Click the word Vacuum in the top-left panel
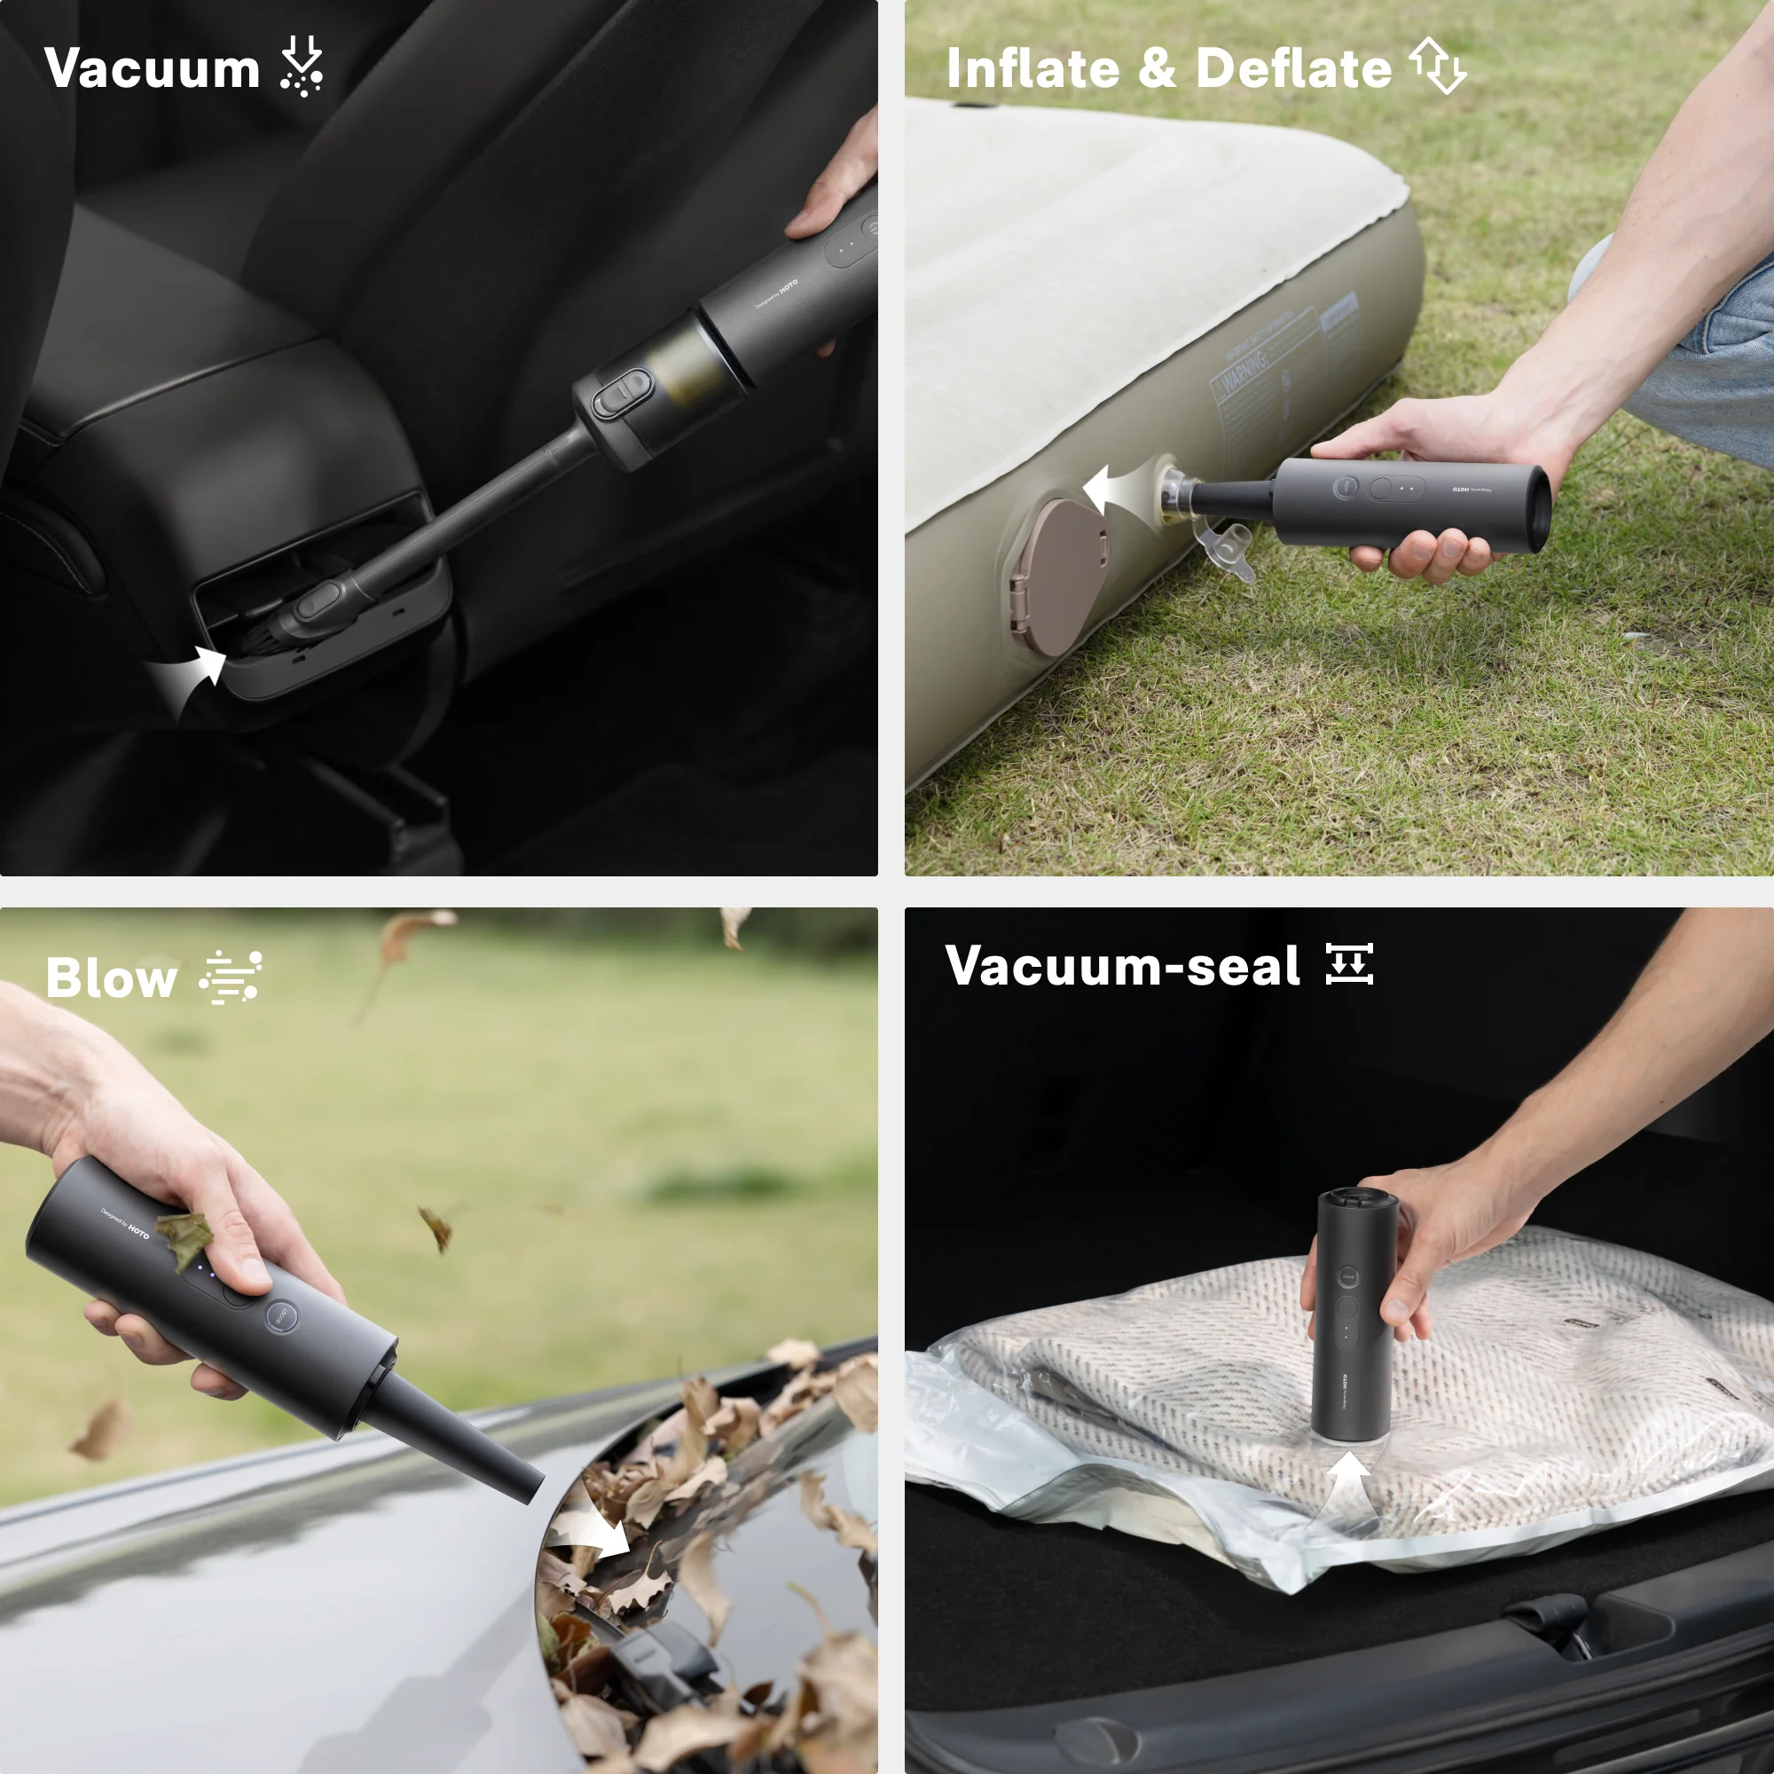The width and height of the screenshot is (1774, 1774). click(x=153, y=69)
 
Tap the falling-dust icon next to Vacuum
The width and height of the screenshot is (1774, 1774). click(x=302, y=67)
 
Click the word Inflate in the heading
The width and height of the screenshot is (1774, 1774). click(x=1032, y=69)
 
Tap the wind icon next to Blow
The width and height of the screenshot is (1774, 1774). click(x=231, y=977)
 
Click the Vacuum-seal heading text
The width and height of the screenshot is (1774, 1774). click(x=1122, y=966)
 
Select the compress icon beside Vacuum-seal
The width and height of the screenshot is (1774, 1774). click(x=1349, y=964)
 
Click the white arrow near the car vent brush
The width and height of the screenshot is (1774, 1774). click(x=194, y=675)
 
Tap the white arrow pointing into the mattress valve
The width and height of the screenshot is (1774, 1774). click(x=1116, y=490)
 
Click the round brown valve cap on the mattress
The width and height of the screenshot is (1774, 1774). click(x=1056, y=577)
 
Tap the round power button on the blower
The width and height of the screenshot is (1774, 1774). click(x=281, y=1316)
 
